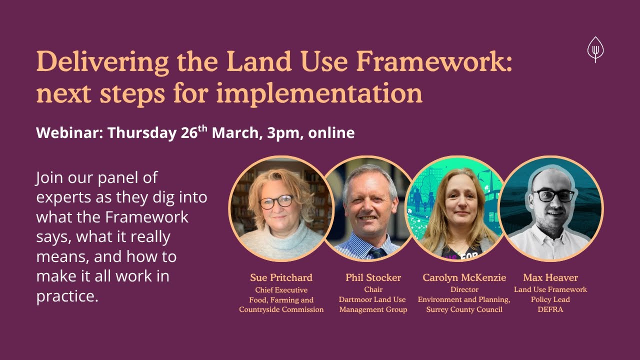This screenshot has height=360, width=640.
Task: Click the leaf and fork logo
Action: point(595,49)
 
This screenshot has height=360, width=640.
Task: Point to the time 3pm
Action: point(283,133)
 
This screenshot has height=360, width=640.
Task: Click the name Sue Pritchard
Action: point(281,277)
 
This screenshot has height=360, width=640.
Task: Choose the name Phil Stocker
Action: point(373,277)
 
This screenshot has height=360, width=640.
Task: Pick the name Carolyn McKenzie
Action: point(464,277)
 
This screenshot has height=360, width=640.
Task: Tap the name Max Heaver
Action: point(550,277)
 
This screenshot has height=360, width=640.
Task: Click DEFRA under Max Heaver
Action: point(550,309)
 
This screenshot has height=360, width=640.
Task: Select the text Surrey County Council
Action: point(464,309)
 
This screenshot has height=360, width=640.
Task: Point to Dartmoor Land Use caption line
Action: point(373,299)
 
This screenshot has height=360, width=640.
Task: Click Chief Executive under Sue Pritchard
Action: point(281,290)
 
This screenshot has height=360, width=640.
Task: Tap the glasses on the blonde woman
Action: point(276,201)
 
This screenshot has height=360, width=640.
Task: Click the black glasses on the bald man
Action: point(552,195)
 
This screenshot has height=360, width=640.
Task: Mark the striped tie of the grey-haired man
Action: point(375,252)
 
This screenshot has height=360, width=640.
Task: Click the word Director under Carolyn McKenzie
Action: point(464,290)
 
